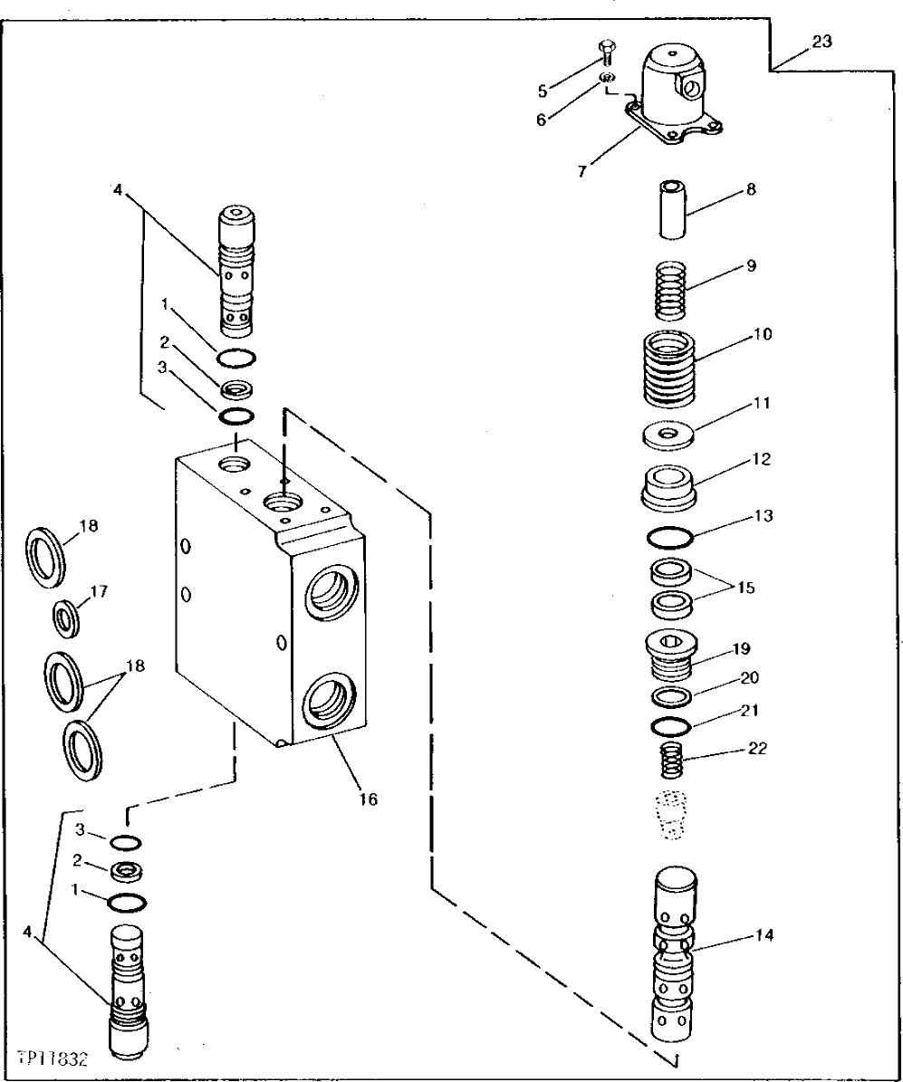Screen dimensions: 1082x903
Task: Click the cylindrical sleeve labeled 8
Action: click(671, 211)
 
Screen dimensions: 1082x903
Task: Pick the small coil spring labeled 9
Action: click(670, 289)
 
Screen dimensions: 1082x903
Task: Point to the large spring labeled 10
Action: click(670, 370)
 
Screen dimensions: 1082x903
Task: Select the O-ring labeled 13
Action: click(670, 538)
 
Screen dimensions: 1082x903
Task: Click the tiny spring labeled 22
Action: click(671, 758)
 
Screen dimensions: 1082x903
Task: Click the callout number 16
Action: click(367, 800)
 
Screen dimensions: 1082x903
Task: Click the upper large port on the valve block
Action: click(331, 594)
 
